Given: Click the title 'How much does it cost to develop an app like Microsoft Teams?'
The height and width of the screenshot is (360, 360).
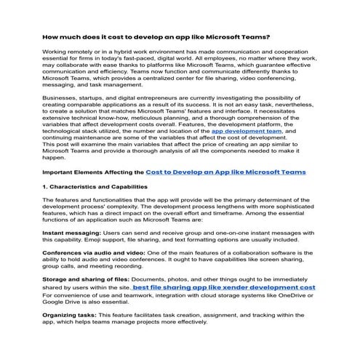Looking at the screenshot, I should pos(156,36).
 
